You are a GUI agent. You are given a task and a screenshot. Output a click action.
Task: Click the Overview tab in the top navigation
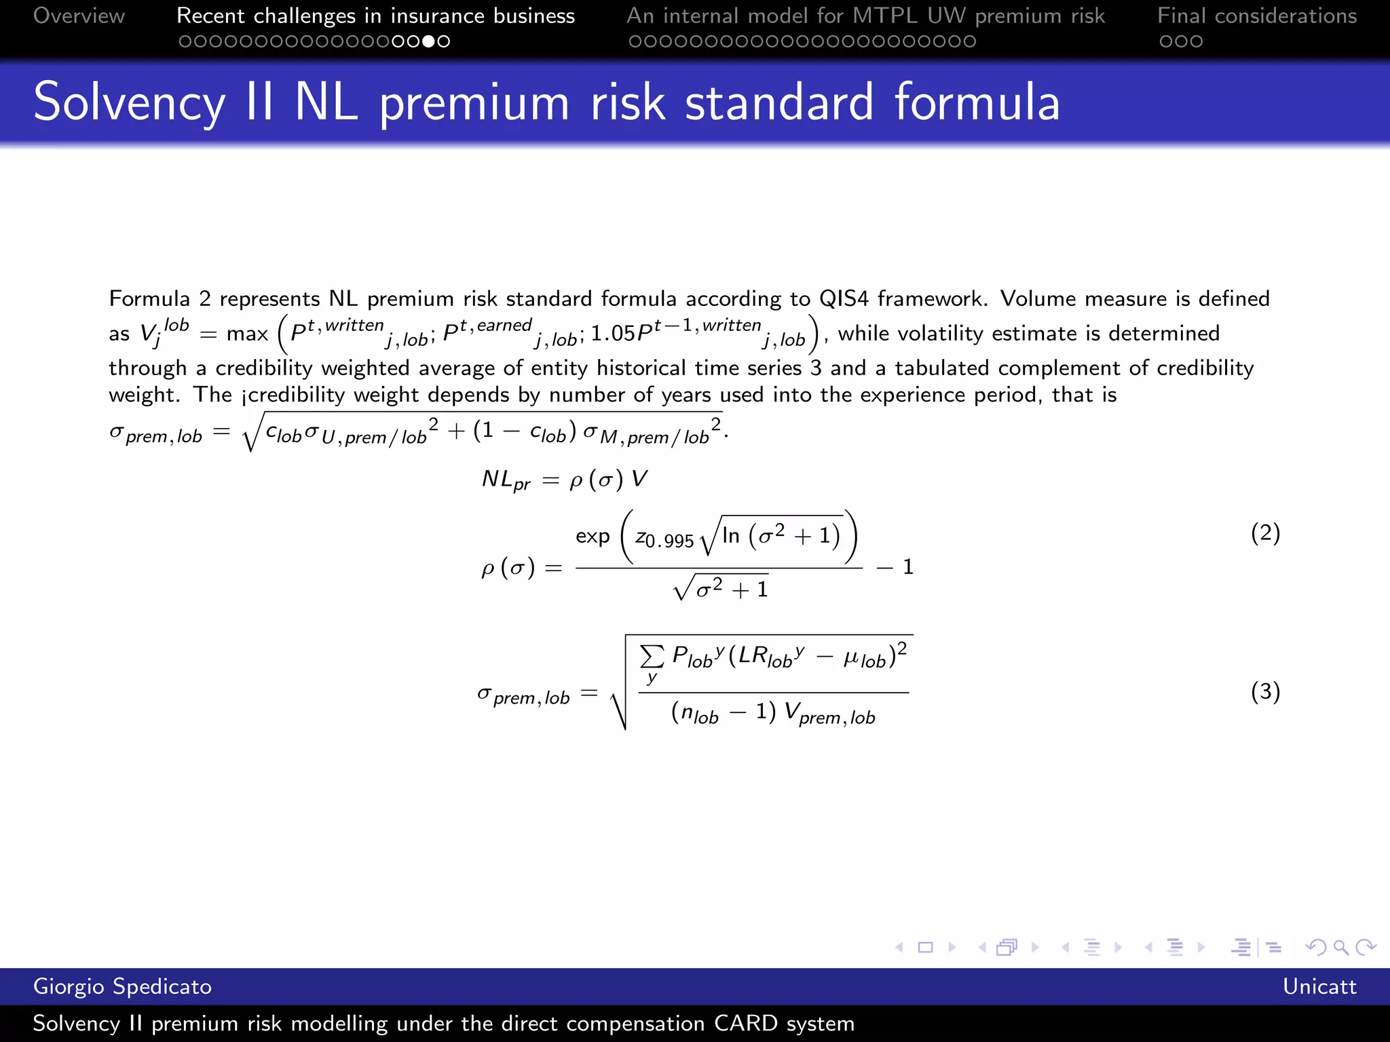(79, 16)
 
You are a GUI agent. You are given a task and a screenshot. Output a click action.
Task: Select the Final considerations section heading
(1257, 16)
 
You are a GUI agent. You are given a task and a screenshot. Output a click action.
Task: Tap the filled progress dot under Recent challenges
(428, 41)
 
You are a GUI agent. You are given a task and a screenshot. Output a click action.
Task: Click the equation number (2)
(1265, 533)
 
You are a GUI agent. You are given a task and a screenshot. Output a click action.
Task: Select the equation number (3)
(1265, 692)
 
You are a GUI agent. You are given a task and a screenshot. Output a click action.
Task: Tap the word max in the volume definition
(247, 334)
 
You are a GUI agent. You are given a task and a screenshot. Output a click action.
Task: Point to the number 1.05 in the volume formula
(612, 334)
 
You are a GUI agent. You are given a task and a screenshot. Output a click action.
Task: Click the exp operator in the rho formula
(593, 537)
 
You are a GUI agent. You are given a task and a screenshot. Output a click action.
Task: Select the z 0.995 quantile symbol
(664, 539)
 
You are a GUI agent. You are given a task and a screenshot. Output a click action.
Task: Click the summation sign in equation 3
(652, 657)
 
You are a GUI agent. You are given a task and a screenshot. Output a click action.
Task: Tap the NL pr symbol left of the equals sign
(506, 480)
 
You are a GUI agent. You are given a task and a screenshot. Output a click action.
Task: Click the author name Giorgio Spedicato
(122, 986)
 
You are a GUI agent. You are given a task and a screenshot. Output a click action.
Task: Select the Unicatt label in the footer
(1319, 986)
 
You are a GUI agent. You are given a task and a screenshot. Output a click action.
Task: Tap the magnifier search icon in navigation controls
(1340, 947)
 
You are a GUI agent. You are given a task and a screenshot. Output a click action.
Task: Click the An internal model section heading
(865, 16)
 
